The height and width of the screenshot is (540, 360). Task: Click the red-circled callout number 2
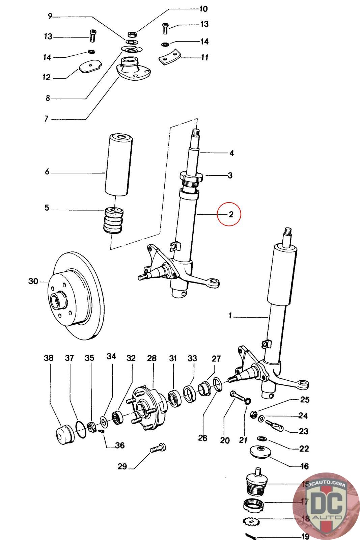click(x=231, y=214)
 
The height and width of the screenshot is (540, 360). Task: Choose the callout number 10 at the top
click(x=203, y=8)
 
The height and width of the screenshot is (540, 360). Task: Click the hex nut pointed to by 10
click(x=132, y=34)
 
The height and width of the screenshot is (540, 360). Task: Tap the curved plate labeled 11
click(x=169, y=57)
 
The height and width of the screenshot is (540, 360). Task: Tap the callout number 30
click(x=33, y=281)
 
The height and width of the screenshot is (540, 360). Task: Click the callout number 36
click(x=120, y=445)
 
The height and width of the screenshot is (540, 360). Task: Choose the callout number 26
click(x=202, y=438)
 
